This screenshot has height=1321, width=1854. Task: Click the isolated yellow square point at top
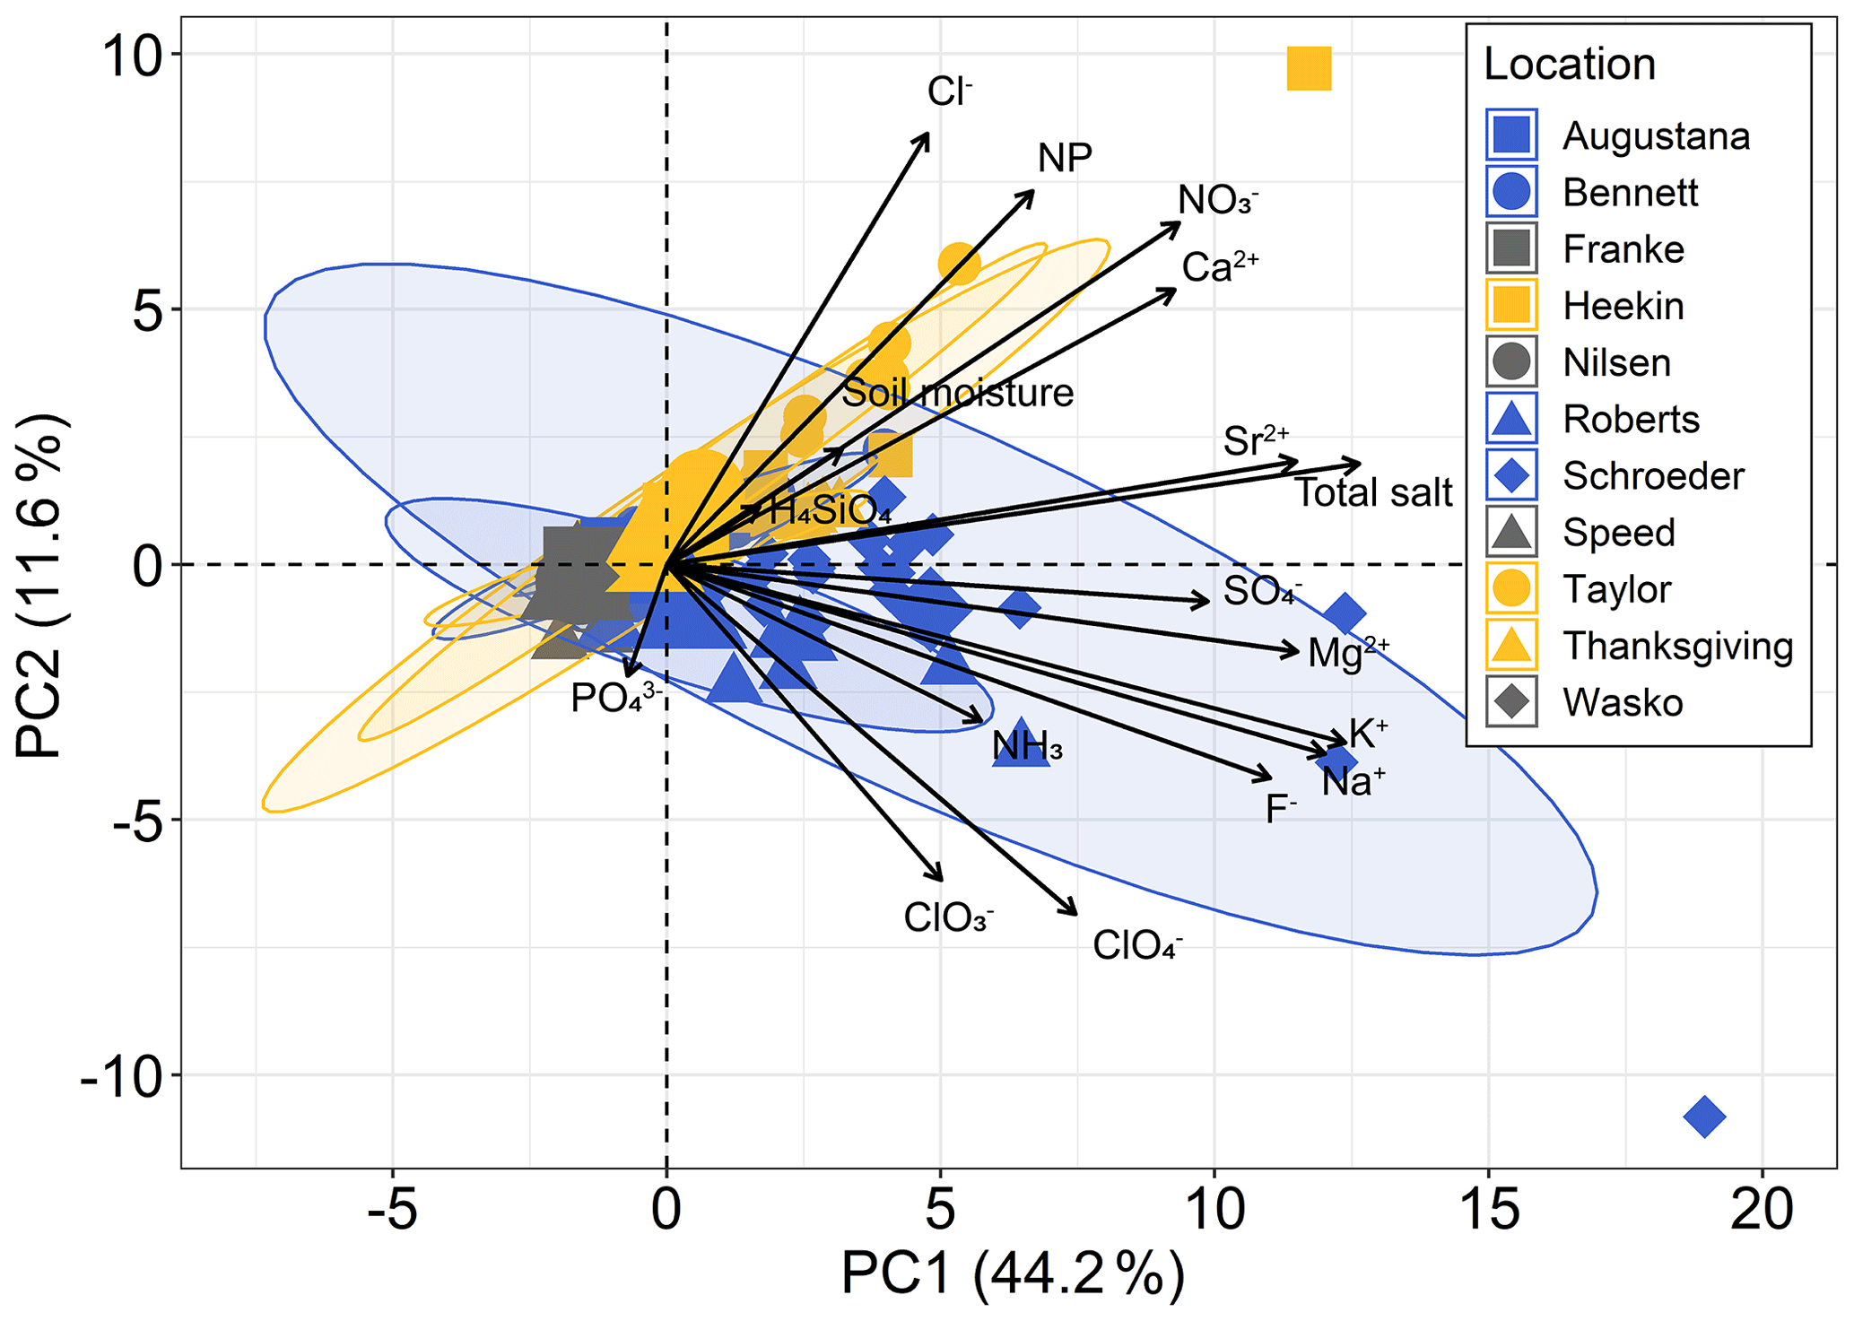click(x=1309, y=69)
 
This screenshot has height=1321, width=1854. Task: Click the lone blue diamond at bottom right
click(x=1704, y=1117)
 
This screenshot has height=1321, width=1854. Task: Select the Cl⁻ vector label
click(x=949, y=91)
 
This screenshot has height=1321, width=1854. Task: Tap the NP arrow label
click(x=1065, y=159)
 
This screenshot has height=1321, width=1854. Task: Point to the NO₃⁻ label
click(x=1217, y=200)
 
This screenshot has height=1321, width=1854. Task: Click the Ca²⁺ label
click(x=1219, y=266)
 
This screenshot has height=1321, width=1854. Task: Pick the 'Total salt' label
click(x=1373, y=493)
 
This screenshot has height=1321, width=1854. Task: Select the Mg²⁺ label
click(x=1347, y=652)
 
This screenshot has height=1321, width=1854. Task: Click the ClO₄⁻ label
click(x=1136, y=945)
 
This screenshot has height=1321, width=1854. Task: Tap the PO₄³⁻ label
click(x=615, y=698)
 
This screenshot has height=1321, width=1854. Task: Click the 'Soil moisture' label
click(x=957, y=393)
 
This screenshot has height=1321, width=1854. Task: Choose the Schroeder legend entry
click(x=1652, y=476)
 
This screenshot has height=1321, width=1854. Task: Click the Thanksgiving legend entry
click(x=1676, y=646)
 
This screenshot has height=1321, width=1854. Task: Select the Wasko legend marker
click(x=1511, y=701)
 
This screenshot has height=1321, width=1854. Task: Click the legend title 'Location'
click(x=1569, y=65)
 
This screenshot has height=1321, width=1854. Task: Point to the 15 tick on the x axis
click(x=1488, y=1208)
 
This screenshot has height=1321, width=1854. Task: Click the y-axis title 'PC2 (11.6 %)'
click(x=40, y=587)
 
